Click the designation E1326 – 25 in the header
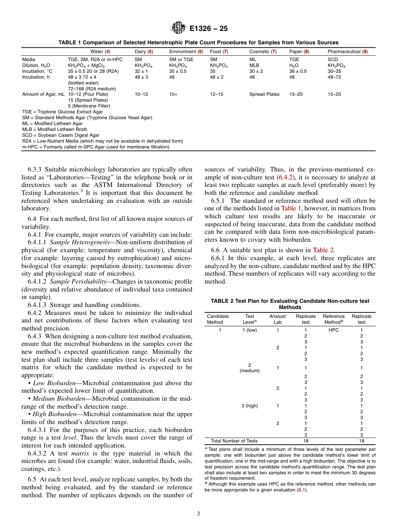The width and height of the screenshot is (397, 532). [209, 29]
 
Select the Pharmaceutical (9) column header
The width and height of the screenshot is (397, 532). [347, 51]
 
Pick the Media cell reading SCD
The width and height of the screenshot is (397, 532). [333, 60]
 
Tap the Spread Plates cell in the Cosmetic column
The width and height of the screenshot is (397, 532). [264, 94]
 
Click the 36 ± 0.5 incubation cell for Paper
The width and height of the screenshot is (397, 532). [298, 71]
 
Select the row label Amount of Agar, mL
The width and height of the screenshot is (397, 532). [43, 94]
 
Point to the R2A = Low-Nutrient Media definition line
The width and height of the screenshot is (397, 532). [102, 141]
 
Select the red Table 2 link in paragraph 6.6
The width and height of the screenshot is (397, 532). [323, 250]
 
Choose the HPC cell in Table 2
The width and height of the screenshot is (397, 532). [333, 330]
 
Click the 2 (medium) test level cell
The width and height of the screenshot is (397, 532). [249, 368]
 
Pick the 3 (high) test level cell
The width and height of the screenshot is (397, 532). [249, 406]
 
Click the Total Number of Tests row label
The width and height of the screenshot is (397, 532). [234, 441]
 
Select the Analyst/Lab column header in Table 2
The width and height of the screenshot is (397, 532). [277, 319]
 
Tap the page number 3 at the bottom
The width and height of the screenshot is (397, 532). [198, 514]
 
